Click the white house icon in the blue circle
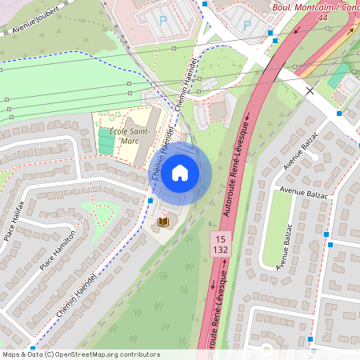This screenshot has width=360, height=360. pos(180,173)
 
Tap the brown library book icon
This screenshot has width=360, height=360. pos(164,221)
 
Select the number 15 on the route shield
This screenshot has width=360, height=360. pos(219,239)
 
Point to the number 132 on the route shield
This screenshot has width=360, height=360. pos(219,250)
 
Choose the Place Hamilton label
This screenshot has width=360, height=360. pos(58,250)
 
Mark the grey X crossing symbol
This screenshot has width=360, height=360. pos(310,90)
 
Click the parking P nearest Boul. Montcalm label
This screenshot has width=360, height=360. pos(246,25)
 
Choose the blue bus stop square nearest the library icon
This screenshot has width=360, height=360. pos(150,200)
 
